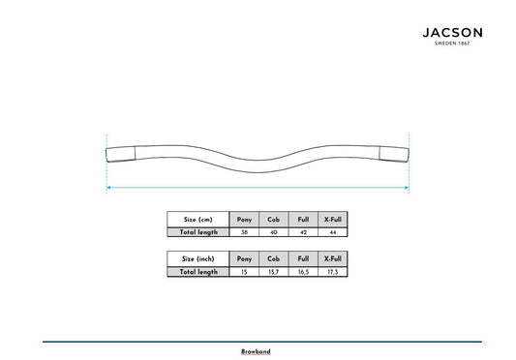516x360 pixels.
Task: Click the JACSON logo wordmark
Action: pyautogui.click(x=452, y=33)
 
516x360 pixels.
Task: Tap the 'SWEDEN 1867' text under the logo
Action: pyautogui.click(x=452, y=44)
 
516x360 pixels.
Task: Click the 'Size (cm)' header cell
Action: pyautogui.click(x=198, y=220)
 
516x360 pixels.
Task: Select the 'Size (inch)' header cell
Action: pyautogui.click(x=198, y=259)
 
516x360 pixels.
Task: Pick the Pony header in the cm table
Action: pyautogui.click(x=244, y=220)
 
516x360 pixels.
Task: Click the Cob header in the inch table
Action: pyautogui.click(x=273, y=259)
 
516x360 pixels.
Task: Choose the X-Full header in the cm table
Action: pyautogui.click(x=333, y=220)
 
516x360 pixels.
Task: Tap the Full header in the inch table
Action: pyautogui.click(x=303, y=259)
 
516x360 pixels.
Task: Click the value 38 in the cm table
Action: pyautogui.click(x=244, y=232)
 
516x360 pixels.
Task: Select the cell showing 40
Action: pyautogui.click(x=273, y=232)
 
